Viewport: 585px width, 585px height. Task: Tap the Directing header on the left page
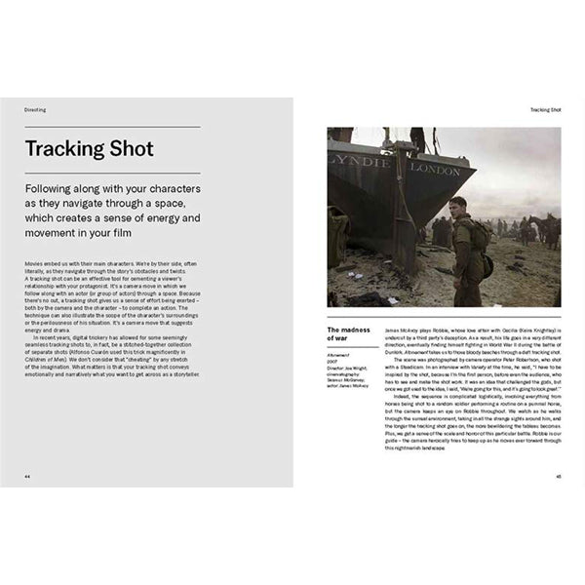point(34,110)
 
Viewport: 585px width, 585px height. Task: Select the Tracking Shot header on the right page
point(546,110)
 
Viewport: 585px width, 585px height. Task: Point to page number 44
point(27,477)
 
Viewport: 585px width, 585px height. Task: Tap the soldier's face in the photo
point(458,209)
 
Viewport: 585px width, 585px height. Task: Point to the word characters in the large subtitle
point(164,186)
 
